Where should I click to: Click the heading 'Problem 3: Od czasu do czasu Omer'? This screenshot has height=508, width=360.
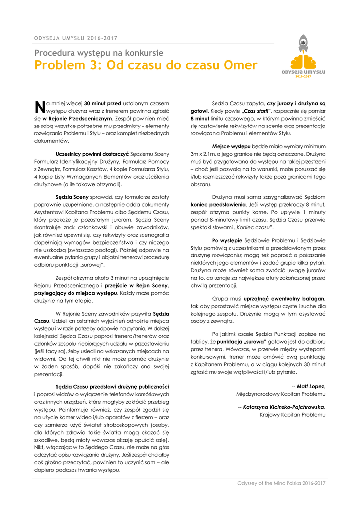coord(145,65)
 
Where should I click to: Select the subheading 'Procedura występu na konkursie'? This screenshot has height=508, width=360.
coord(99,53)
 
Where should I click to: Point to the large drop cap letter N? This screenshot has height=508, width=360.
coord(39,106)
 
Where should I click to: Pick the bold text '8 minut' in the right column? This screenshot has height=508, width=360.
coord(199,119)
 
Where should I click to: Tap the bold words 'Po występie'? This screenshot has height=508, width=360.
coord(227,240)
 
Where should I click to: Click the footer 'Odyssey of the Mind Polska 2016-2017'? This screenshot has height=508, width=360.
coord(282,483)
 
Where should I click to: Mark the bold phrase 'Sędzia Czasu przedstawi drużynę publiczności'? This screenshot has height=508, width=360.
coord(113,386)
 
